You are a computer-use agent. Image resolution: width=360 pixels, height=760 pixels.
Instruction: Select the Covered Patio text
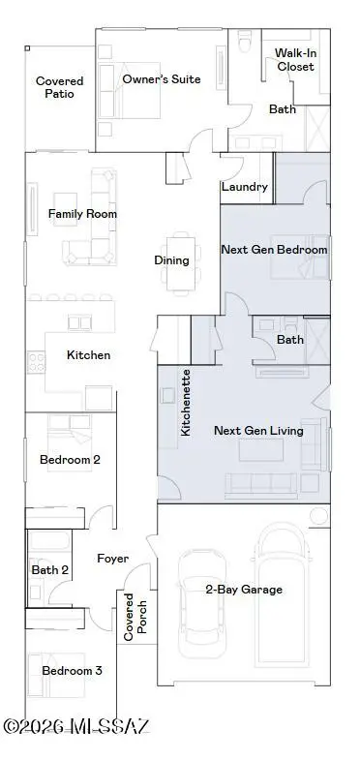(x=60, y=88)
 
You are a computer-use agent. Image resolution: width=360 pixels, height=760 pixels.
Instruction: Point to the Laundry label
(x=245, y=187)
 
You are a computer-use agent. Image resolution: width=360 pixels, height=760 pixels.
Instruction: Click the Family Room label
(x=83, y=213)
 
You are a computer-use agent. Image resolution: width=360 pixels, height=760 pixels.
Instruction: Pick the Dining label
(x=171, y=259)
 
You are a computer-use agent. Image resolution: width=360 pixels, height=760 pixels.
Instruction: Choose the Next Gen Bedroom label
(x=274, y=250)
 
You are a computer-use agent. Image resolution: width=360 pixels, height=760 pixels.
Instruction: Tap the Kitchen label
(x=88, y=355)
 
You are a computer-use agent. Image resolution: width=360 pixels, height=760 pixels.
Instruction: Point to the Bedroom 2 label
(x=70, y=460)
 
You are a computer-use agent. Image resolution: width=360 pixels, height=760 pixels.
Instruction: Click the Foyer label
(x=114, y=559)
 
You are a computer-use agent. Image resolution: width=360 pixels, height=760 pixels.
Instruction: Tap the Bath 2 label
(x=49, y=570)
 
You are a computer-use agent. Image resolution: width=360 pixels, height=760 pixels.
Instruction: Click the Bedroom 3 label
(x=72, y=670)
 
